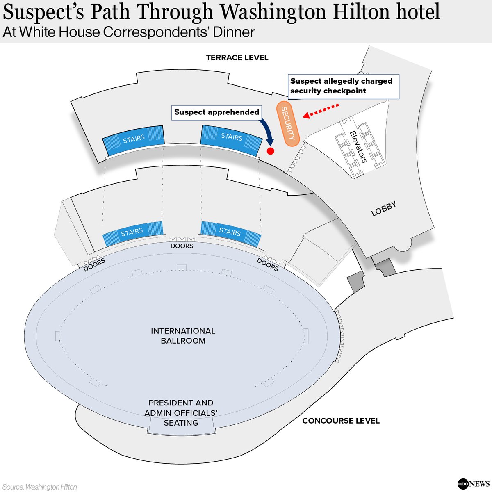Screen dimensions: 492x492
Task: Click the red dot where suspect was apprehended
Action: [x=270, y=151]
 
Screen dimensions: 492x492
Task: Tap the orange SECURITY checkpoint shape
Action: [x=287, y=123]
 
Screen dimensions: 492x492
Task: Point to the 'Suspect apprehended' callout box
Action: [x=216, y=112]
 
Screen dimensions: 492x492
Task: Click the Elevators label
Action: [x=357, y=147]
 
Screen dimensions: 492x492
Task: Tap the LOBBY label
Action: [x=384, y=209]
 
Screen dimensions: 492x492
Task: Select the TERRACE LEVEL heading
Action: [x=237, y=58]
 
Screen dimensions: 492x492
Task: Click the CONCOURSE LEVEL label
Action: [x=341, y=421]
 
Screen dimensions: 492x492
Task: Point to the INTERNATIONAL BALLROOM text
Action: [x=183, y=336]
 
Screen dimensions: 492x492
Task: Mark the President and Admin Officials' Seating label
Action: [x=181, y=413]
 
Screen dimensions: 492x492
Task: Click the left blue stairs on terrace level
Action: [x=134, y=139]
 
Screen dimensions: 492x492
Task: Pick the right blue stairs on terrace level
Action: [x=231, y=137]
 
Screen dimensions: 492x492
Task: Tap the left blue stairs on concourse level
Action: [x=132, y=233]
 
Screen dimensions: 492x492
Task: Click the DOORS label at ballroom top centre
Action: [x=182, y=246]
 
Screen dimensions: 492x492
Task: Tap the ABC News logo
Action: [x=473, y=484]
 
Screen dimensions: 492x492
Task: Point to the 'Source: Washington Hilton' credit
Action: [x=40, y=487]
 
